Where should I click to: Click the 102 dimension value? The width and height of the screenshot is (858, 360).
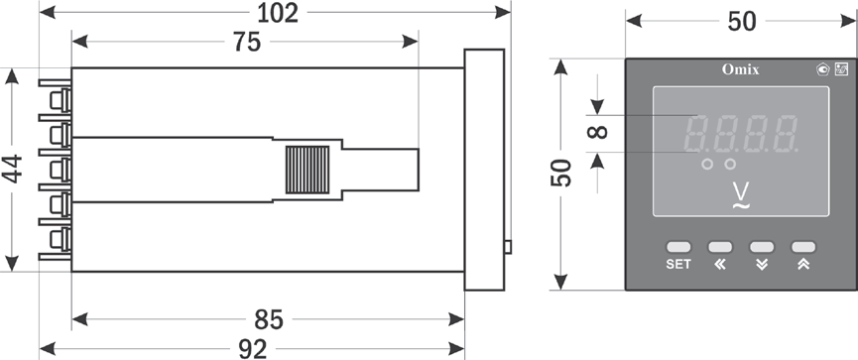(278, 13)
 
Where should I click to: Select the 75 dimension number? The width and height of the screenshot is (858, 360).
(247, 42)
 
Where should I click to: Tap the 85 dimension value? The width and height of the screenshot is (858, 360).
(269, 320)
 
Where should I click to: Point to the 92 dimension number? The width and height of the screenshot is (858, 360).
(253, 349)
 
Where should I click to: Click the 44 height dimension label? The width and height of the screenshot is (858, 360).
(12, 169)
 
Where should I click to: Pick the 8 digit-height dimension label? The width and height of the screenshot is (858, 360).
(597, 132)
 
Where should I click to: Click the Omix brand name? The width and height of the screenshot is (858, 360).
(740, 69)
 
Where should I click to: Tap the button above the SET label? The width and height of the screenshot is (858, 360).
(678, 247)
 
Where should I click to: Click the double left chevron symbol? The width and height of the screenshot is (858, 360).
(720, 264)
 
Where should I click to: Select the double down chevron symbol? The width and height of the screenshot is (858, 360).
(762, 264)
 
